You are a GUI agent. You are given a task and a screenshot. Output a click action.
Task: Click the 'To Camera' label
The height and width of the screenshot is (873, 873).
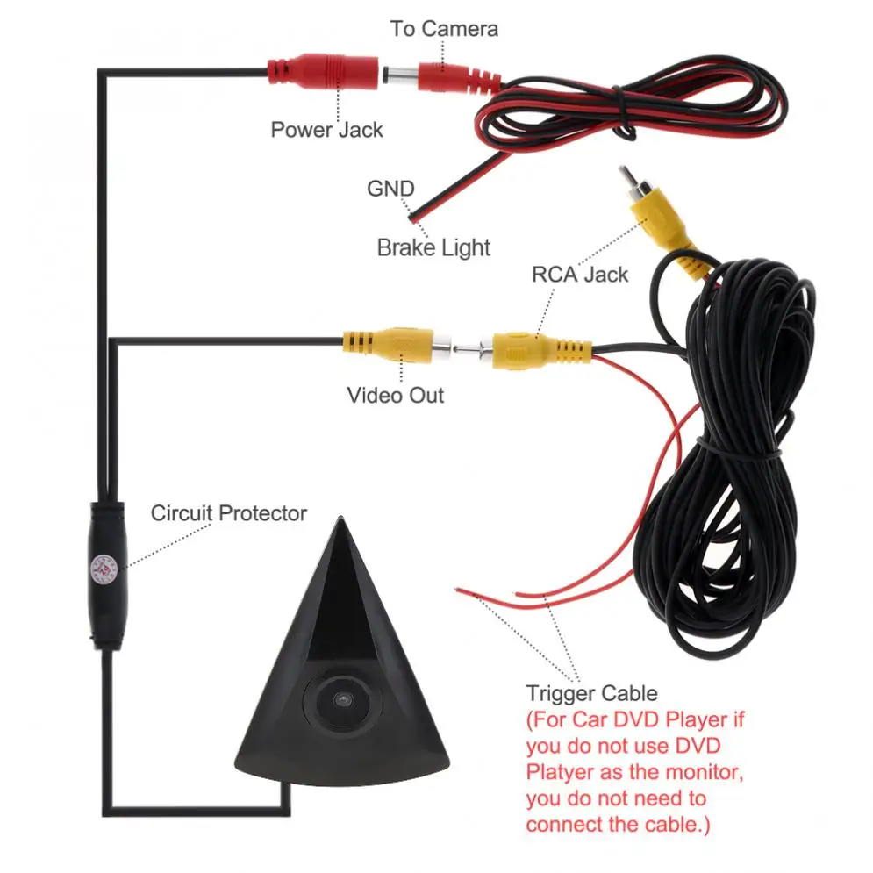444,28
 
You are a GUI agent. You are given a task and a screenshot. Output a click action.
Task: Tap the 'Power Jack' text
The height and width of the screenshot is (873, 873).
326,130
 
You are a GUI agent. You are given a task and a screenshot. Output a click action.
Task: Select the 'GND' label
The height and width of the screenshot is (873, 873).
390,189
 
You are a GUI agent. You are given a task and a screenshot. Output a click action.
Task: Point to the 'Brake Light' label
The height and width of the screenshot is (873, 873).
433,247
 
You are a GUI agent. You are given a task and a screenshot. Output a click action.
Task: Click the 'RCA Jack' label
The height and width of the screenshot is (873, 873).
580,274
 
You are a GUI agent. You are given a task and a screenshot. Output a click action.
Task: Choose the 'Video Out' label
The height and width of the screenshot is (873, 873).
395,395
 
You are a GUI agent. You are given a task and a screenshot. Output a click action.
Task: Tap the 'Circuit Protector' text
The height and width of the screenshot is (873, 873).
228,513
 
